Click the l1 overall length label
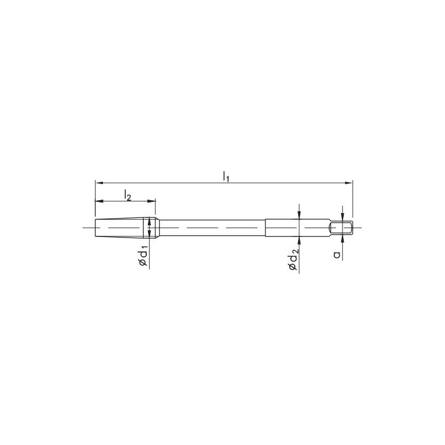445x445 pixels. coord(226,176)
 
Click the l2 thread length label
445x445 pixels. coord(127,195)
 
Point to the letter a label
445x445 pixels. coord(337,255)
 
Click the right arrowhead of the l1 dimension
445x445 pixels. coord(349,183)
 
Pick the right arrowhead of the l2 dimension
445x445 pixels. coord(152,201)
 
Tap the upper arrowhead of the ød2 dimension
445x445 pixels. coord(299,215)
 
